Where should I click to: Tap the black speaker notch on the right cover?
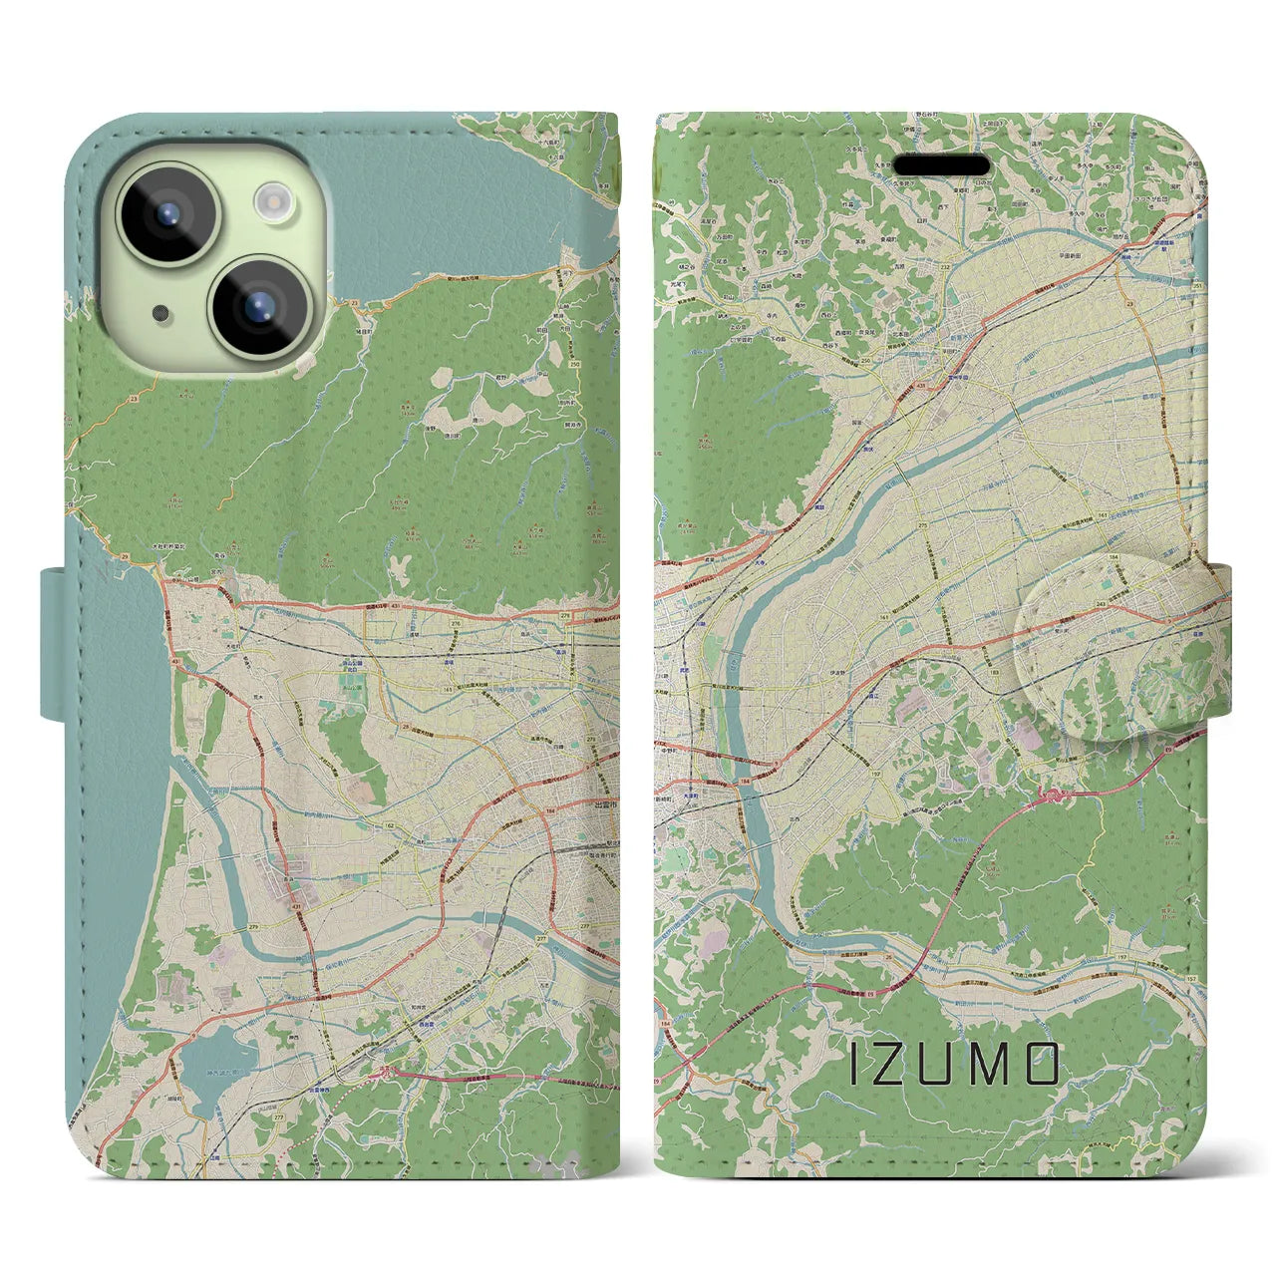(x=941, y=164)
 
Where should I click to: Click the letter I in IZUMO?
(x=853, y=1066)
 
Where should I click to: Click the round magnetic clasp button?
(x=1117, y=658)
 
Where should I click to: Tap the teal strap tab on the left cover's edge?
(x=53, y=642)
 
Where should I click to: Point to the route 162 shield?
(x=392, y=826)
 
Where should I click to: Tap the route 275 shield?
(x=923, y=524)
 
